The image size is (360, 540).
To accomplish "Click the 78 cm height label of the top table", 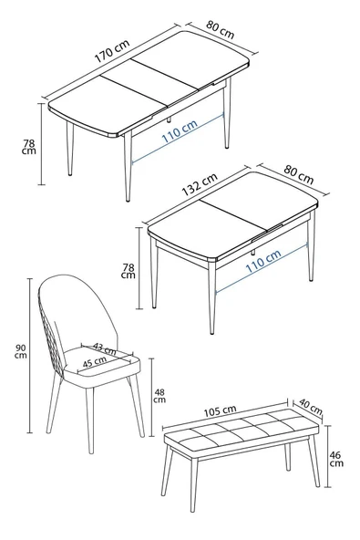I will click(29, 145).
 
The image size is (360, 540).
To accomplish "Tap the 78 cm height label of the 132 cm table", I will click(129, 271).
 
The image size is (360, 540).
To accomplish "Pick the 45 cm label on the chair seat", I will click(93, 362).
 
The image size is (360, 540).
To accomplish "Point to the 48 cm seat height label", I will click(159, 394).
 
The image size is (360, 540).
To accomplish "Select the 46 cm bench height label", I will click(336, 459).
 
